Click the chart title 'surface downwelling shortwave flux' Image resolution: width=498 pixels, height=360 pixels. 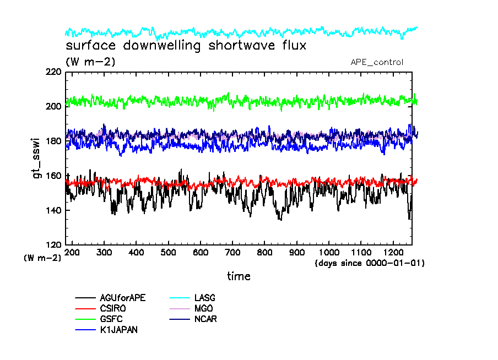(x=186, y=45)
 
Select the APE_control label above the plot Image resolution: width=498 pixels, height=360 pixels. (x=377, y=62)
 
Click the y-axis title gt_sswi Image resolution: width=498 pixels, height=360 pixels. (x=34, y=158)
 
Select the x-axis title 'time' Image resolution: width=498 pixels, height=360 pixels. (x=239, y=276)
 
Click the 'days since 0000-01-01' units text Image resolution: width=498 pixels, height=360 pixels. (x=370, y=263)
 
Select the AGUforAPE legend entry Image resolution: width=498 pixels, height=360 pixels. (x=127, y=298)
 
